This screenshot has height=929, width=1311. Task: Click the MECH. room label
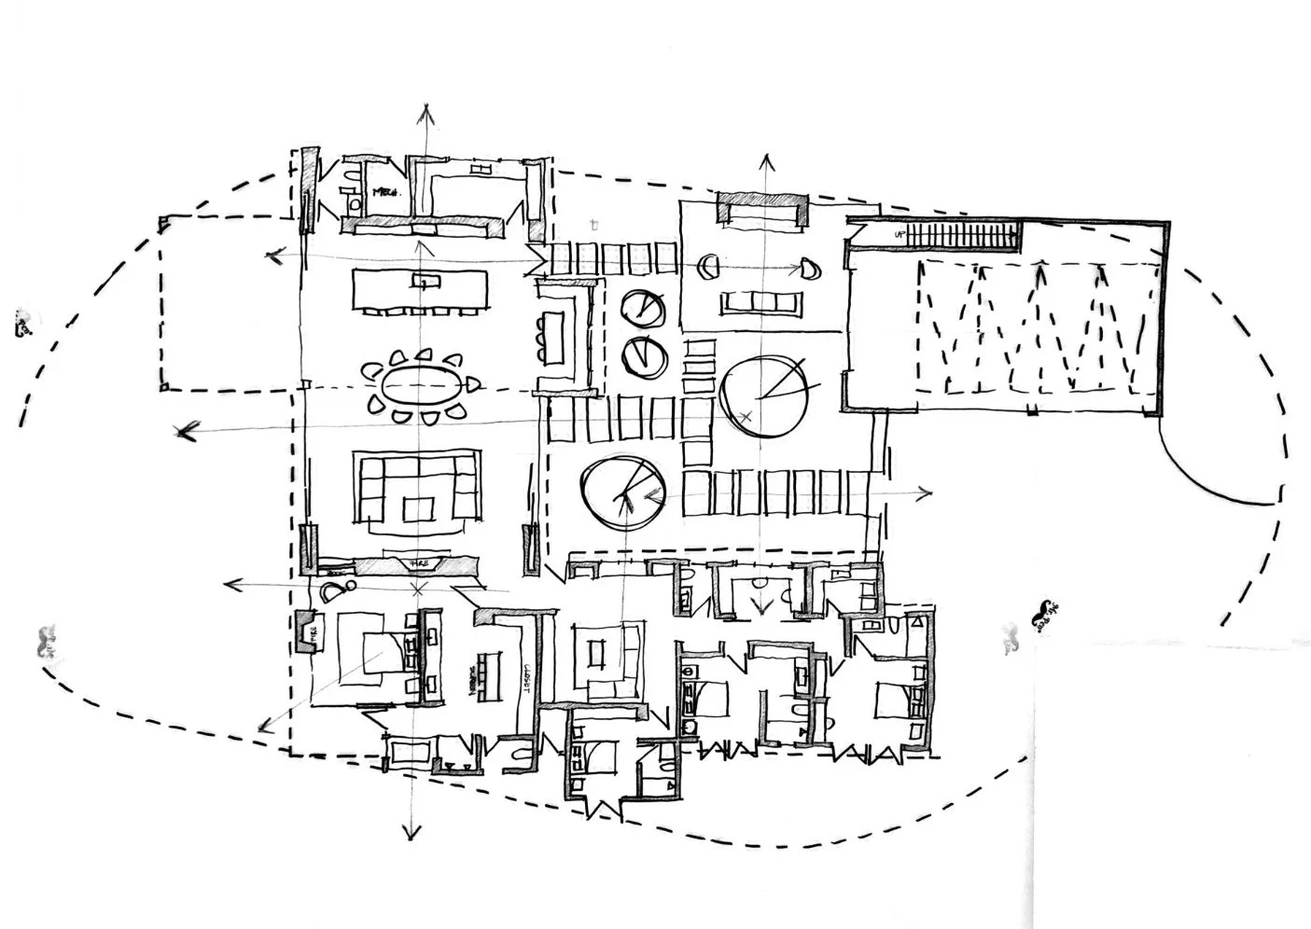[386, 192]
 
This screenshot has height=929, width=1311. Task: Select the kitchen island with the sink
[420, 289]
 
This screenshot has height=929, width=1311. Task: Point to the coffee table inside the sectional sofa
[416, 508]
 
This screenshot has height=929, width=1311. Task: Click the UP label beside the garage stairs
[900, 234]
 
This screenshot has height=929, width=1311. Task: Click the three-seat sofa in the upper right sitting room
[760, 303]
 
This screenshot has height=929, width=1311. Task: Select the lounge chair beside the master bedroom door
[334, 589]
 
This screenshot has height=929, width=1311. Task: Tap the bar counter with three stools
[558, 338]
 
